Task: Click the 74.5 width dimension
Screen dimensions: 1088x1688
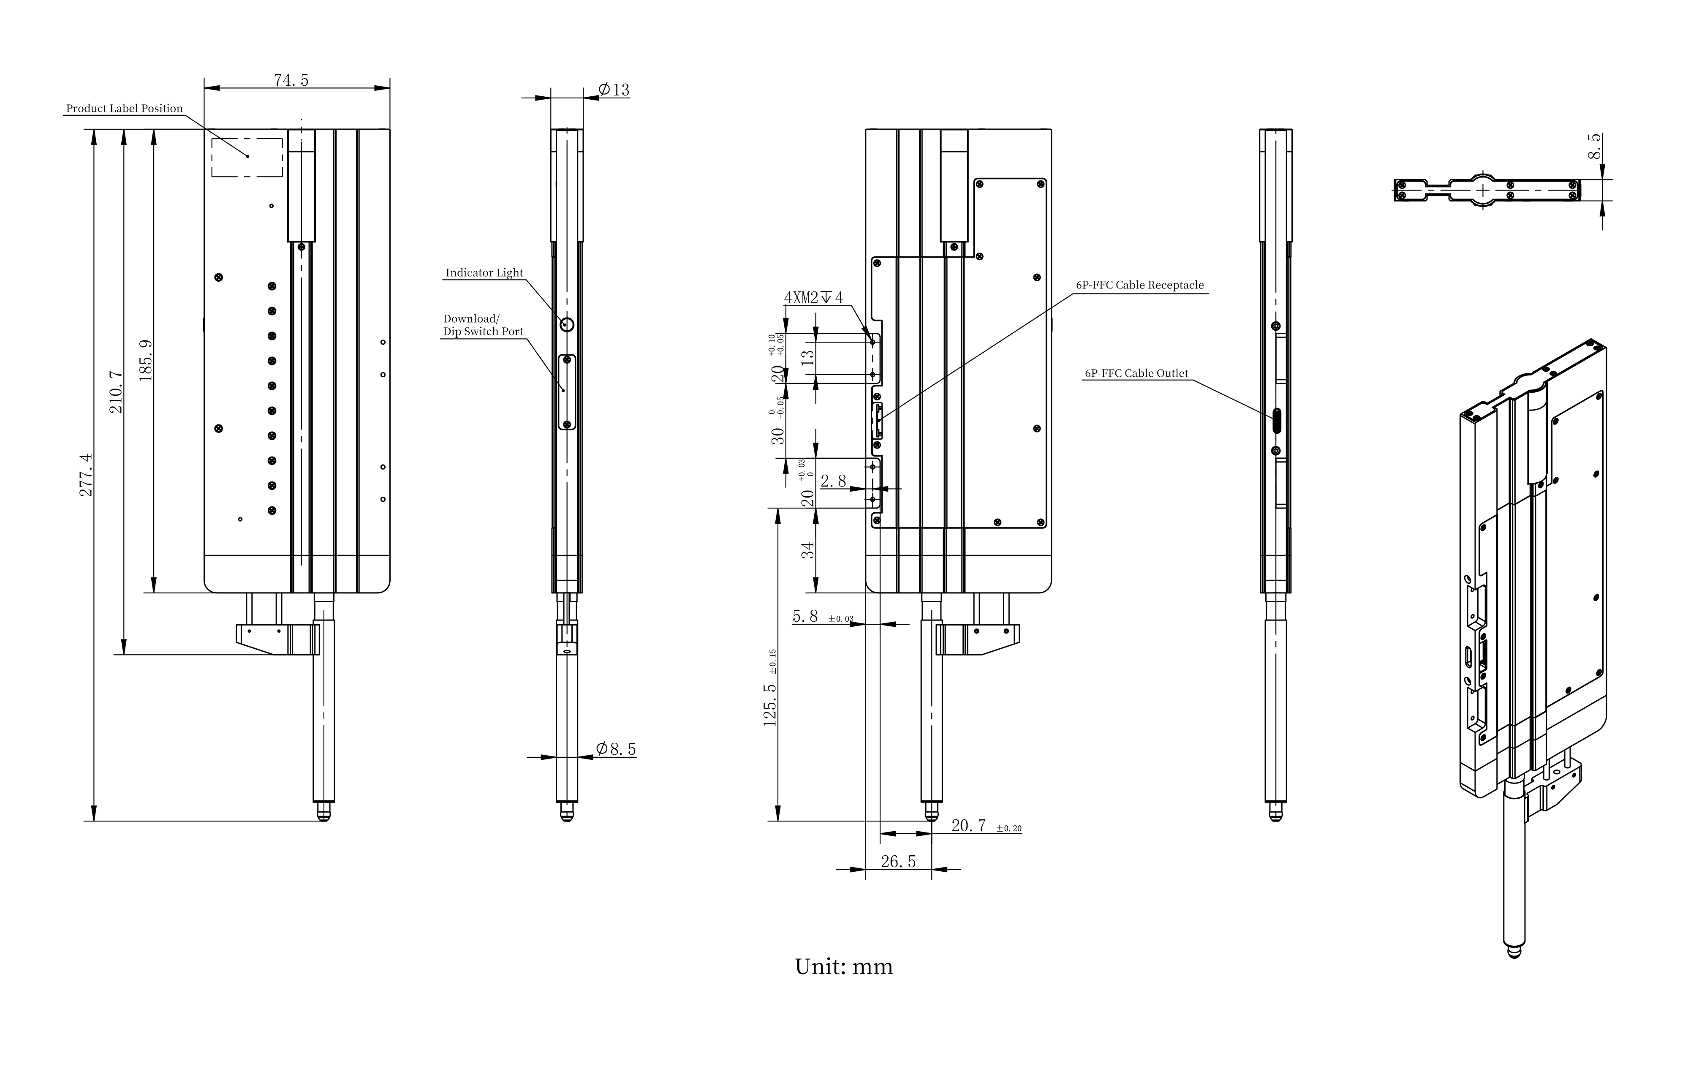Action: tap(291, 80)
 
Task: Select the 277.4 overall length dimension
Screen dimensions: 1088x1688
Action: tap(86, 475)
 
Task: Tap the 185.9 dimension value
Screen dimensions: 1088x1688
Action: tap(146, 360)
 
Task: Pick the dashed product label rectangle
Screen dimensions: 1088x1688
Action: tap(247, 157)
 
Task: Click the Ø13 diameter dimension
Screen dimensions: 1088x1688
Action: tap(613, 90)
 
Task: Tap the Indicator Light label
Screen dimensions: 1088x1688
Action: tap(484, 273)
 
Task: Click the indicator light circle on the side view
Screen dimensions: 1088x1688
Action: tap(566, 324)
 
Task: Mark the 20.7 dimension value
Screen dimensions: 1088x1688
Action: tap(968, 825)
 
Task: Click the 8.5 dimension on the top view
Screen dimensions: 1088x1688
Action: tap(1594, 147)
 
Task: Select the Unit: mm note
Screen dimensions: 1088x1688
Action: tap(843, 966)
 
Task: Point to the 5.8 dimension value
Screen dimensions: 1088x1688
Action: tap(805, 616)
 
